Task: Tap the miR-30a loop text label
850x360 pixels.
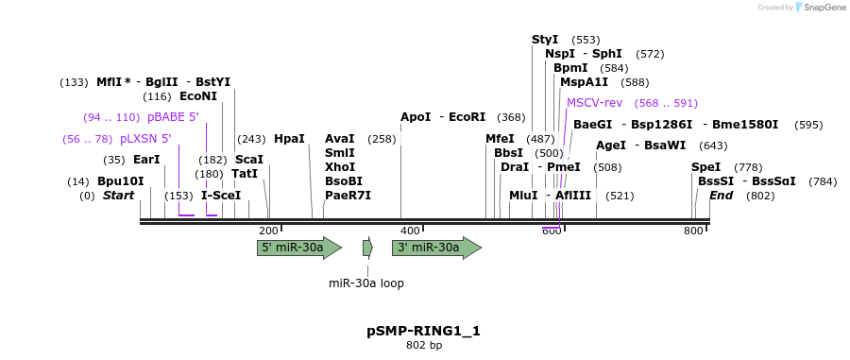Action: click(366, 283)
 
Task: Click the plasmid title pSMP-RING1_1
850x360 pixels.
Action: click(424, 331)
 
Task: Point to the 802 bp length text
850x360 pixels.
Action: click(424, 346)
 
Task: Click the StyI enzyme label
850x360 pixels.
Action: click(545, 40)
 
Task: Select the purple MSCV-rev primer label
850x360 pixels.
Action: click(594, 103)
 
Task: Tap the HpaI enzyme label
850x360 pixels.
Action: click(289, 139)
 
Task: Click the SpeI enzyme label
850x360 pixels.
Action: click(705, 167)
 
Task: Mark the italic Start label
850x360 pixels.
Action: click(119, 196)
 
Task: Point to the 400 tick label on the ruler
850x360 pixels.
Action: click(411, 231)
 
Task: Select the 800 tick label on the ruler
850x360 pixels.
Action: click(693, 231)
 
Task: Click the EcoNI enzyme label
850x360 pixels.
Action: click(197, 96)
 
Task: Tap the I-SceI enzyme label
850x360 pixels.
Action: click(221, 196)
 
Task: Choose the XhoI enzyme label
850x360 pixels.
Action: click(339, 167)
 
